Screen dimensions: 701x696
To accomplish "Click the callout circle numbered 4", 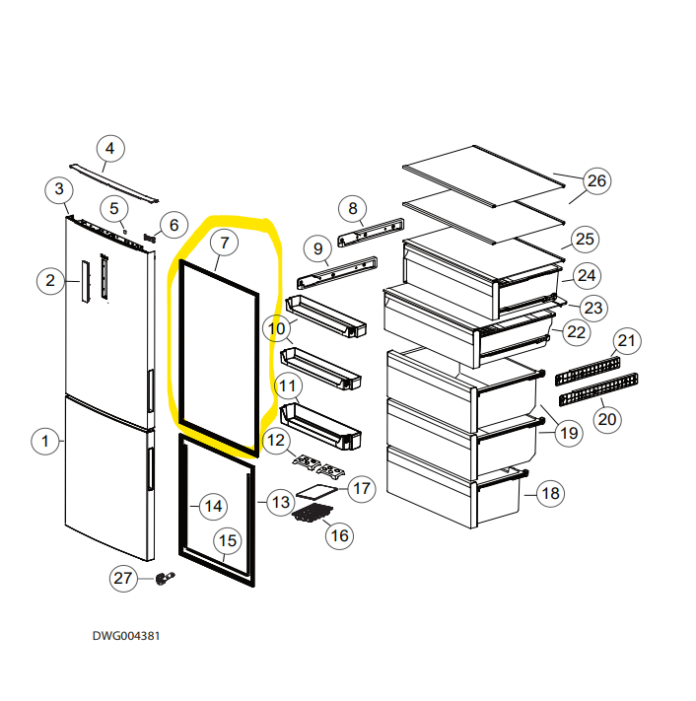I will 109,150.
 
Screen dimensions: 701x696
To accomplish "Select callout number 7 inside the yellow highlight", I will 224,242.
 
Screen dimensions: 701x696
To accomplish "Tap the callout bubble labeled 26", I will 596,180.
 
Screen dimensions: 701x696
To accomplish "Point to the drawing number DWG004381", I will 126,636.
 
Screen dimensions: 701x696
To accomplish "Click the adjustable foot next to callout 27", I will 165,579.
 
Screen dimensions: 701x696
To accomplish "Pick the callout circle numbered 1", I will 44,441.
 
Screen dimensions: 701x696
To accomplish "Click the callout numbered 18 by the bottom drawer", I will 550,493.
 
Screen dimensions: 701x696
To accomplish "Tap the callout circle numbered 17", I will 362,488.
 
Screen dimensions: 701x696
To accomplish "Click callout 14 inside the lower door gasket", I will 212,506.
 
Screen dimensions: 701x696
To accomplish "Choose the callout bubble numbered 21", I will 626,341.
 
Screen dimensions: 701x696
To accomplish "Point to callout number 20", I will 607,419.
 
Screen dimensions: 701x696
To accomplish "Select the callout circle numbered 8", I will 352,208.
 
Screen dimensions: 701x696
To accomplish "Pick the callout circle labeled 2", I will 50,281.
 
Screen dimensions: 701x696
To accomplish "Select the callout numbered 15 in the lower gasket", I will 228,540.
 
